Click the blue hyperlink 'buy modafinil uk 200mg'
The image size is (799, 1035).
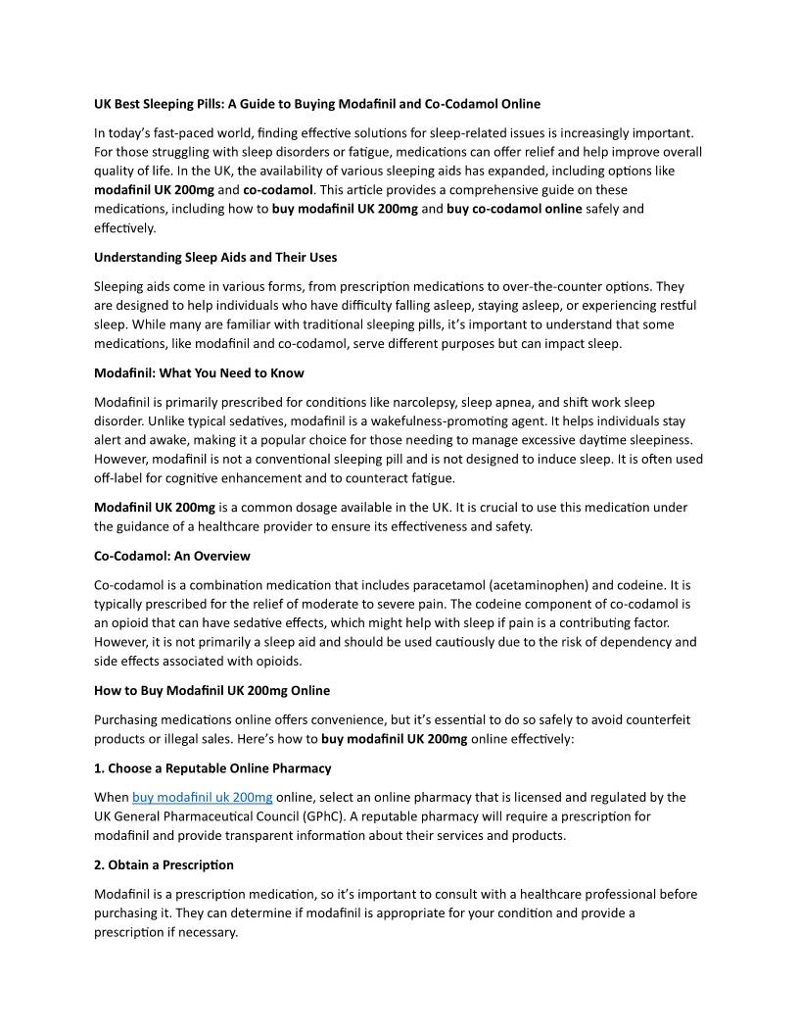(x=203, y=797)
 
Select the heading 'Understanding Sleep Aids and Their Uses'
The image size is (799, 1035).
(x=215, y=257)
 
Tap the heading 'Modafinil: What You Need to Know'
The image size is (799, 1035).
(x=199, y=372)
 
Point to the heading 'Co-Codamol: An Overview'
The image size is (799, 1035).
(x=172, y=556)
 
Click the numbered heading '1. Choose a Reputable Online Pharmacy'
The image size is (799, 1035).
(x=212, y=768)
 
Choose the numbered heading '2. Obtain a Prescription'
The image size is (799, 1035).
(x=164, y=864)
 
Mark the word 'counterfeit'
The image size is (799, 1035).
(x=655, y=719)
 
